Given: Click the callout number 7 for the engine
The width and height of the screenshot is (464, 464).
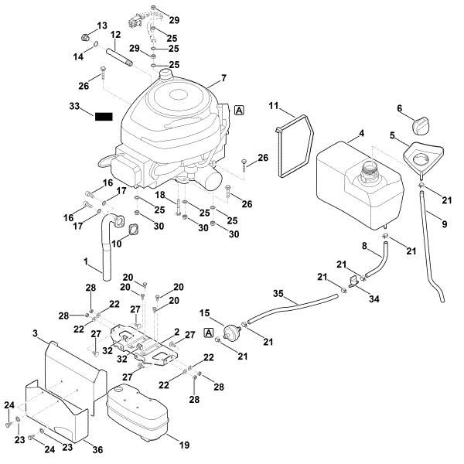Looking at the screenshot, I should [223, 78].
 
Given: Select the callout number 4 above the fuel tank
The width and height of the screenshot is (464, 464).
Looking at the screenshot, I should [360, 134].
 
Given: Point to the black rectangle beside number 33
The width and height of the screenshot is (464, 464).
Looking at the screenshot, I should [104, 117].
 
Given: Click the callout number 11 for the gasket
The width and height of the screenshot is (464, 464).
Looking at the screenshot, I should [274, 105].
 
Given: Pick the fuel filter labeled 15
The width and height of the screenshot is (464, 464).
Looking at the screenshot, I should [228, 332].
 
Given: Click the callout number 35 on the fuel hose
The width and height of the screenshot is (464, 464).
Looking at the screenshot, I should [278, 294].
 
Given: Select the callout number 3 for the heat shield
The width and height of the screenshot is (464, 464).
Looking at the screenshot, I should [36, 333].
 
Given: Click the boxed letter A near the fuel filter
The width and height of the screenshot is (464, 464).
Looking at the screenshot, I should [207, 332].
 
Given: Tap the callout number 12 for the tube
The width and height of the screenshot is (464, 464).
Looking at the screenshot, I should [115, 36].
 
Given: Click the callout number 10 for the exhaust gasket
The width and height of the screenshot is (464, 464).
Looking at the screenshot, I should [118, 244].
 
